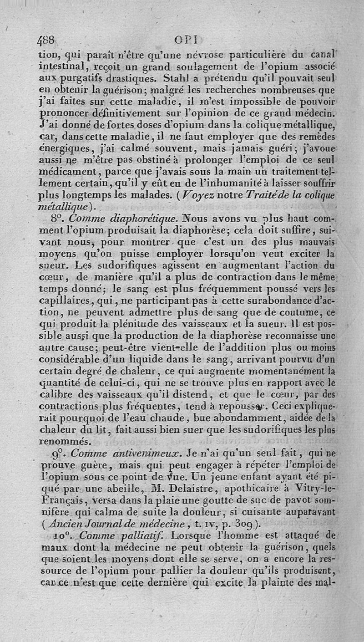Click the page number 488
tap(46, 40)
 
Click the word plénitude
tap(146, 324)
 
